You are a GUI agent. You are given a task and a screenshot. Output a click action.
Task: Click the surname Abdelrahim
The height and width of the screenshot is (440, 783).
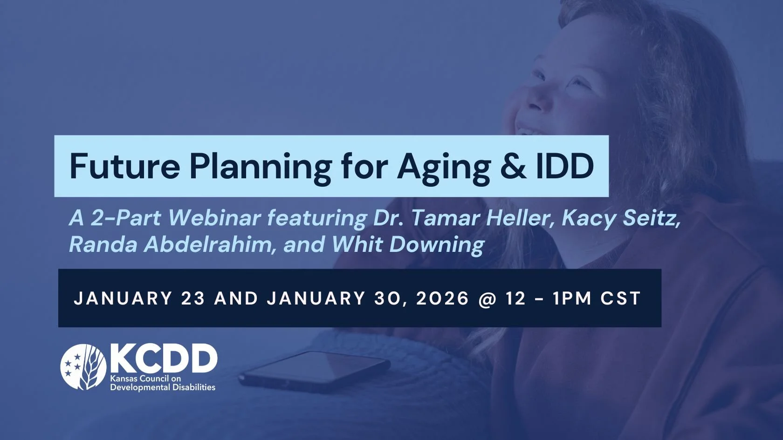point(207,244)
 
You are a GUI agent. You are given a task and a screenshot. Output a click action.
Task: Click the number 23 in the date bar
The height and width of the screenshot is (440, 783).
point(193,298)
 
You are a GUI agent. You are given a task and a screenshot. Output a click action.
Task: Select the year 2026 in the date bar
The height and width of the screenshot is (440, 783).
point(442,298)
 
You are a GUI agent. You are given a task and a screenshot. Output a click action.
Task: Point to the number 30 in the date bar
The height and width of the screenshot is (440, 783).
point(386,298)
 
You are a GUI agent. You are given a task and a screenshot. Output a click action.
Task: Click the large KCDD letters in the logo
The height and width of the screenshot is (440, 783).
point(163,359)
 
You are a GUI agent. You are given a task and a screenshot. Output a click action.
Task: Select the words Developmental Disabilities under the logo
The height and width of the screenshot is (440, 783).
point(163,387)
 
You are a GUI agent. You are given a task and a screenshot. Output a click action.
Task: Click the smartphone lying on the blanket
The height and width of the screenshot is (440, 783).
point(315,370)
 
